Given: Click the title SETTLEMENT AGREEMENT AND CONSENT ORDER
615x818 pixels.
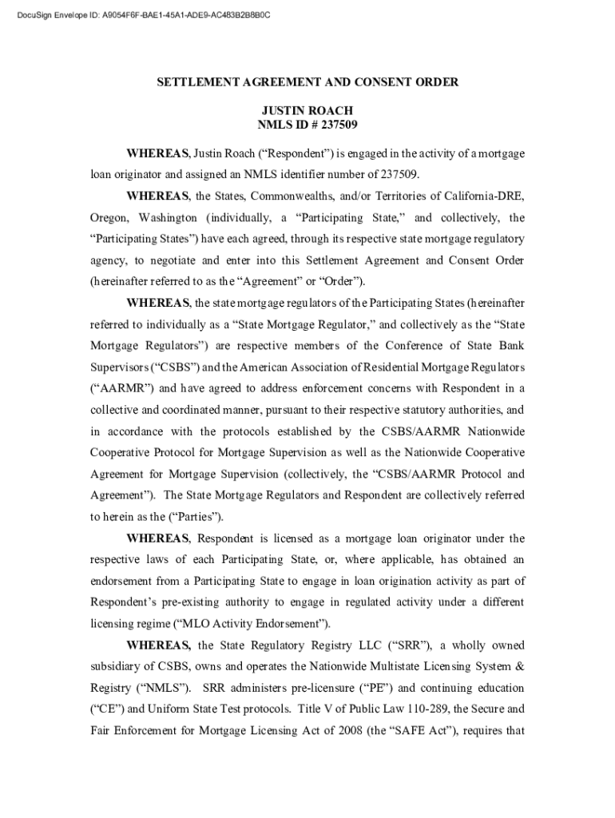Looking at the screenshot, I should (307, 82).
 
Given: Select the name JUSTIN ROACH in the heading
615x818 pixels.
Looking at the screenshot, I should (307, 110).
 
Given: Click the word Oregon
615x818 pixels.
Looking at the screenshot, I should (109, 218).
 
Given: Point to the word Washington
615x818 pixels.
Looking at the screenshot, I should (168, 218).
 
